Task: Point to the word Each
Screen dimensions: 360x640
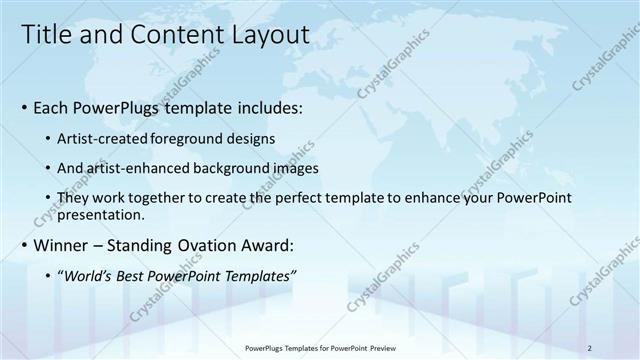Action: pyautogui.click(x=52, y=106)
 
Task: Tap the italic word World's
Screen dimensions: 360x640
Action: pyautogui.click(x=89, y=275)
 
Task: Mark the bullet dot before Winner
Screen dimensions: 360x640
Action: pyautogui.click(x=24, y=245)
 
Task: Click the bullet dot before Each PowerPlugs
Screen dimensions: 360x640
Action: pyautogui.click(x=24, y=107)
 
